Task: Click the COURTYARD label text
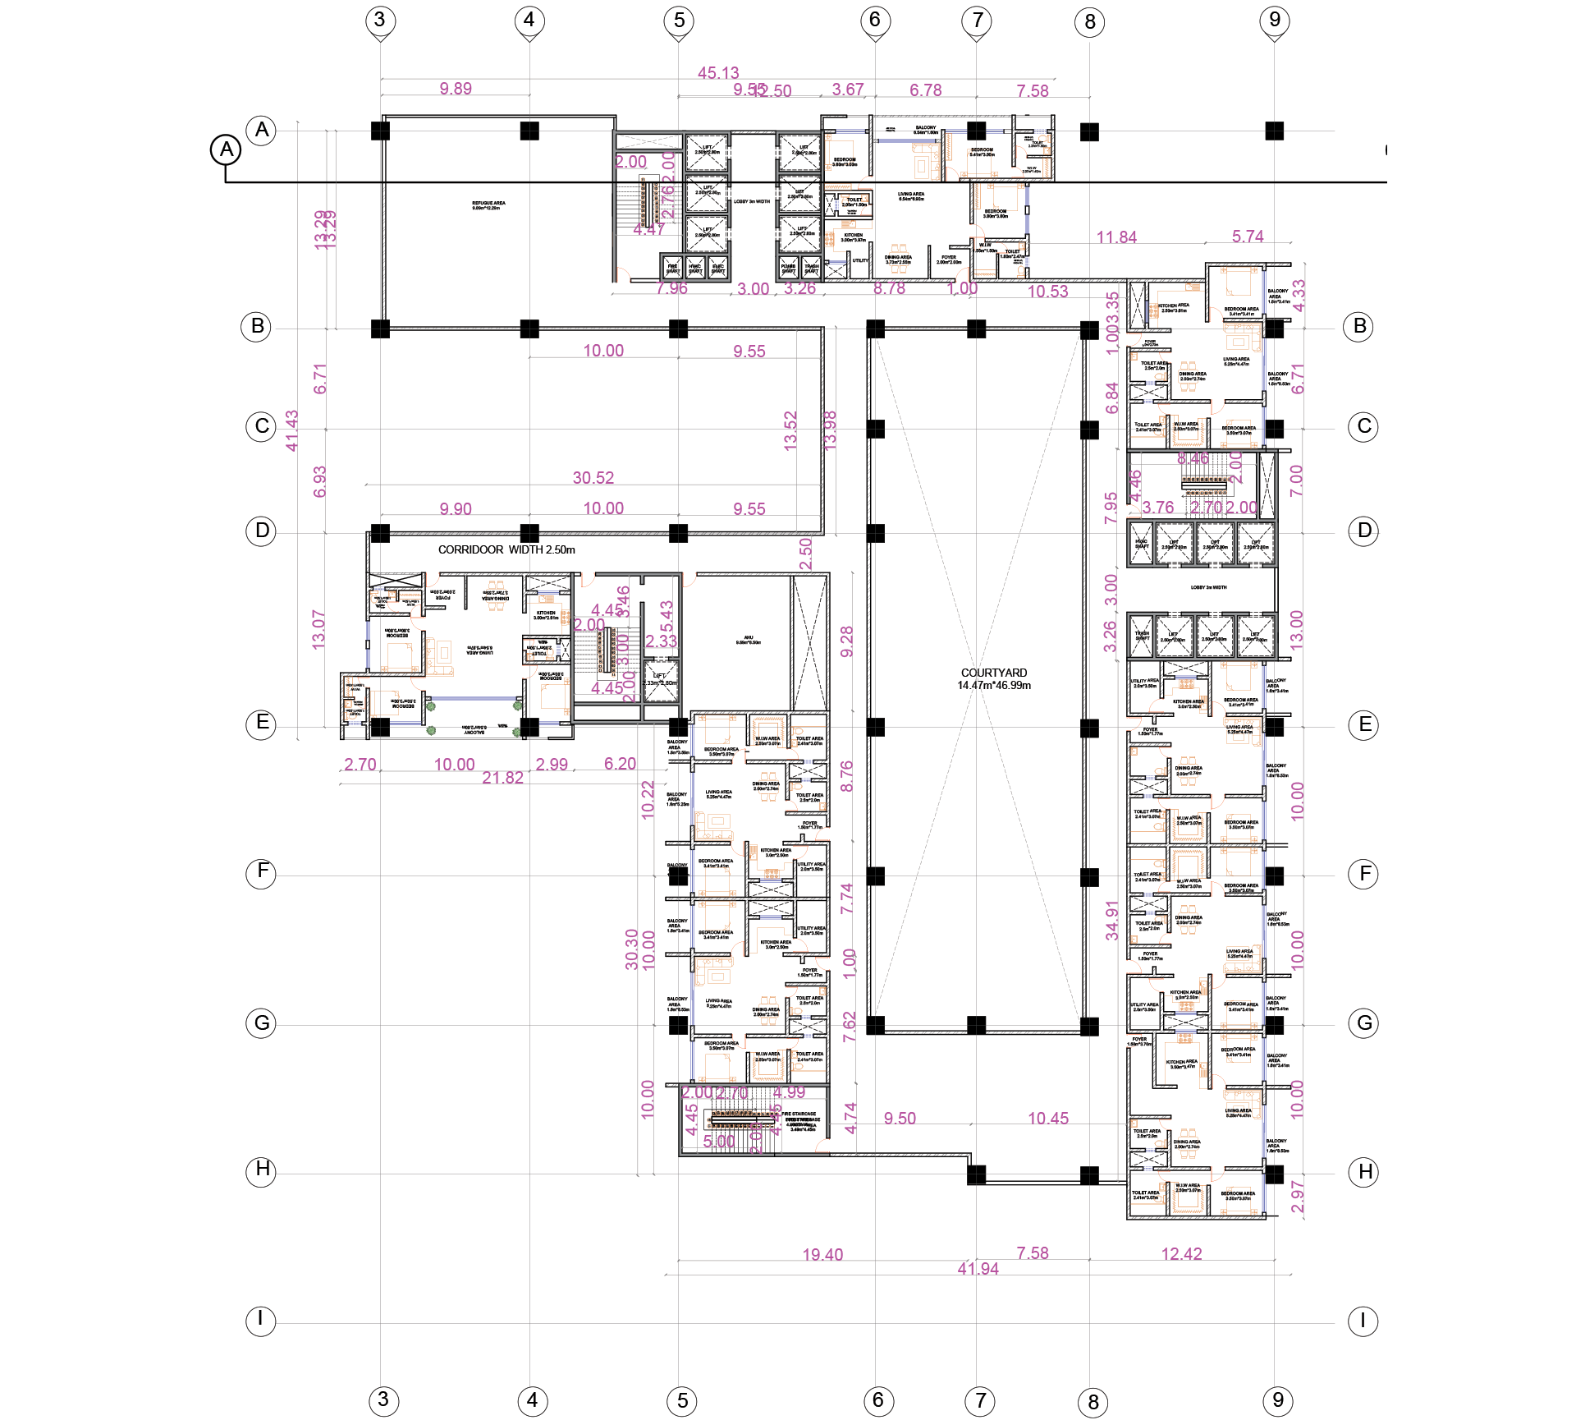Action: (994, 673)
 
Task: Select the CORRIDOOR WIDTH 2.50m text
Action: (506, 549)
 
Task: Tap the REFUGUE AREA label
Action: (488, 205)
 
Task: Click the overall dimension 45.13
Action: (718, 73)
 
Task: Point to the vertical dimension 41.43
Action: (291, 430)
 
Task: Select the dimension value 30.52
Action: (593, 477)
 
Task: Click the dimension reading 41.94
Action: (978, 1268)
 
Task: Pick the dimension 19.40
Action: (822, 1254)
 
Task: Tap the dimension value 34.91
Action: (1112, 920)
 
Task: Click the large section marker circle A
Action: (226, 150)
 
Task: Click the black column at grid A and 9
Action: (1274, 131)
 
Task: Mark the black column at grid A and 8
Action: (1089, 131)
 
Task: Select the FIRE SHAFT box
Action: (672, 268)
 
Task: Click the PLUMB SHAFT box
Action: (788, 268)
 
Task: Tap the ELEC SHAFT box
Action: (718, 268)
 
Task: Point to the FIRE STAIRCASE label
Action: (799, 1114)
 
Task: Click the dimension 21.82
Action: (502, 777)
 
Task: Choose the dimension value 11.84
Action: (1116, 237)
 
